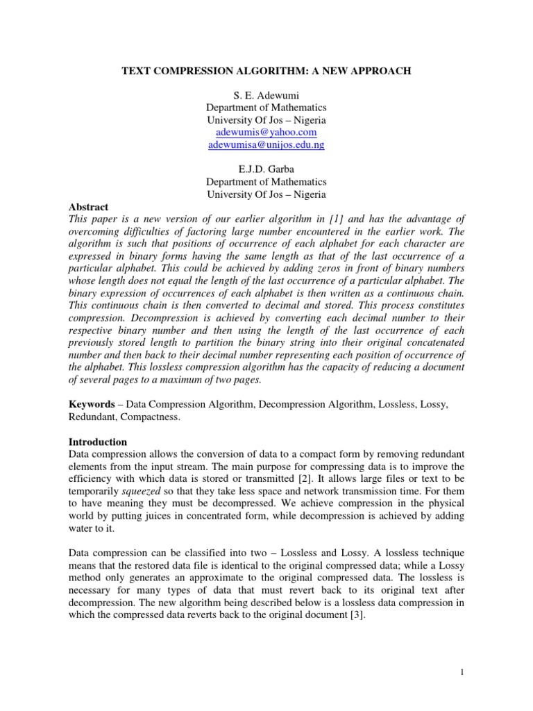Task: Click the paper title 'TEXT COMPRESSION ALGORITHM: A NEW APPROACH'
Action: click(x=266, y=70)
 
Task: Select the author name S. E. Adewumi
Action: click(x=266, y=95)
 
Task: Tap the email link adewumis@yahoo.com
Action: click(x=266, y=132)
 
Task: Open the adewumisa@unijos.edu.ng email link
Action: click(x=266, y=145)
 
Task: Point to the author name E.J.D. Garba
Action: click(x=266, y=170)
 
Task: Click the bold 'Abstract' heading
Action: click(x=87, y=207)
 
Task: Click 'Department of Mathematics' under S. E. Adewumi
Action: click(x=266, y=108)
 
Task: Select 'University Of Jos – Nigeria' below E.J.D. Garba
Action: click(x=266, y=195)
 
